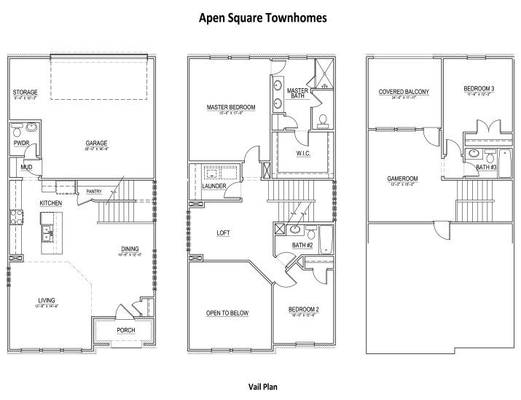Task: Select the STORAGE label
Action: [25, 93]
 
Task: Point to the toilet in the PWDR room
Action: [17, 132]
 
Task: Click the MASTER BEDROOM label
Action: [231, 108]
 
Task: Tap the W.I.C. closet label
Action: [304, 153]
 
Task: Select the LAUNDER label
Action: [214, 187]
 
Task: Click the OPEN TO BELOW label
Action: [228, 313]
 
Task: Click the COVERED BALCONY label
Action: [403, 92]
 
